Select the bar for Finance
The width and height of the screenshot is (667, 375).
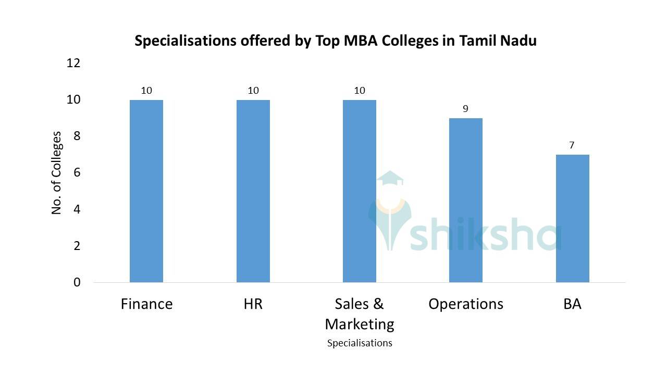[146, 191]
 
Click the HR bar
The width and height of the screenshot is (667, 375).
[253, 191]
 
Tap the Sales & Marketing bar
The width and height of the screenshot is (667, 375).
[360, 191]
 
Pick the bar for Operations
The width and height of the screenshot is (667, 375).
[466, 200]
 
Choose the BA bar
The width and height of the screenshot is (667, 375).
[572, 218]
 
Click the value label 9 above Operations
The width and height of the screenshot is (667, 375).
[465, 109]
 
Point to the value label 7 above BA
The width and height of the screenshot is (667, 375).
[572, 145]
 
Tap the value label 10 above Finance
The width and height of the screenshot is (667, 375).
[146, 91]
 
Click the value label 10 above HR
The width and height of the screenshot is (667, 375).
[253, 91]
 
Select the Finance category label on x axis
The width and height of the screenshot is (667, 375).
[146, 304]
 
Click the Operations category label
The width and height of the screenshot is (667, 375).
[466, 304]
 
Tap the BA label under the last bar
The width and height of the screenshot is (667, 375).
[572, 304]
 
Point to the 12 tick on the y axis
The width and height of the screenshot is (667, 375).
[73, 63]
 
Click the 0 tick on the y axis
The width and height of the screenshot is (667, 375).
[77, 282]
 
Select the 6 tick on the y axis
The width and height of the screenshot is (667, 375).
[77, 172]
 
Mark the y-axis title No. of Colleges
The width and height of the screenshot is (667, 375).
[56, 173]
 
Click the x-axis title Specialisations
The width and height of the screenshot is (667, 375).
[360, 343]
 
